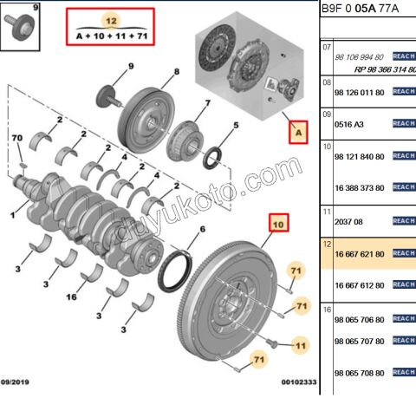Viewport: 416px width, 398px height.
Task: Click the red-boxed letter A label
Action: [x=298, y=133]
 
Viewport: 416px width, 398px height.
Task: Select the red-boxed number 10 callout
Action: [x=278, y=224]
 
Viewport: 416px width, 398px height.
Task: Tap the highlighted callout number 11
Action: [x=301, y=345]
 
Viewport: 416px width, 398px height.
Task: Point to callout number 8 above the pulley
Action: [x=177, y=71]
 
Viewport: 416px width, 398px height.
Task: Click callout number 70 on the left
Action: [x=16, y=139]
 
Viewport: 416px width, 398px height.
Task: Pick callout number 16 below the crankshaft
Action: [x=72, y=296]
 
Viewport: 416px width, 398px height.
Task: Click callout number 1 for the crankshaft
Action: [x=13, y=214]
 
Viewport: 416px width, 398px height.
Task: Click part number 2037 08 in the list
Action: [x=348, y=221]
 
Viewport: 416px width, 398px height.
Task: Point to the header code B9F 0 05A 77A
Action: [x=365, y=9]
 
